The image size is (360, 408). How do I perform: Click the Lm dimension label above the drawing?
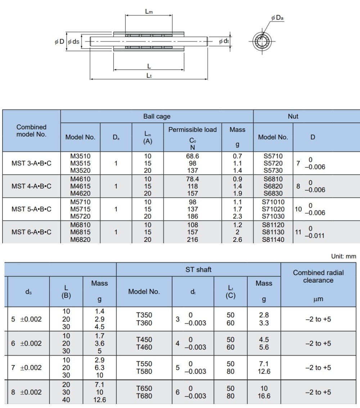tap(149, 12)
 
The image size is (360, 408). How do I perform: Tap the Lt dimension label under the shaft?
tap(149, 76)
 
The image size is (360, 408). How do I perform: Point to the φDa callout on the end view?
tap(277, 18)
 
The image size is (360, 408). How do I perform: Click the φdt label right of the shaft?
tap(224, 41)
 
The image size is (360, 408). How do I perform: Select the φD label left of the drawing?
tap(59, 42)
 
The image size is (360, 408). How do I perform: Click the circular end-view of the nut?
tap(262, 41)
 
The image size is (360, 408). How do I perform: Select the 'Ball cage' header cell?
tap(157, 116)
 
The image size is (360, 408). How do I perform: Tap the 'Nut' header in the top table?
tap(293, 116)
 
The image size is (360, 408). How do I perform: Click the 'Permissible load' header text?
tap(192, 130)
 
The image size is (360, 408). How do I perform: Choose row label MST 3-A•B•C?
tap(31, 163)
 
